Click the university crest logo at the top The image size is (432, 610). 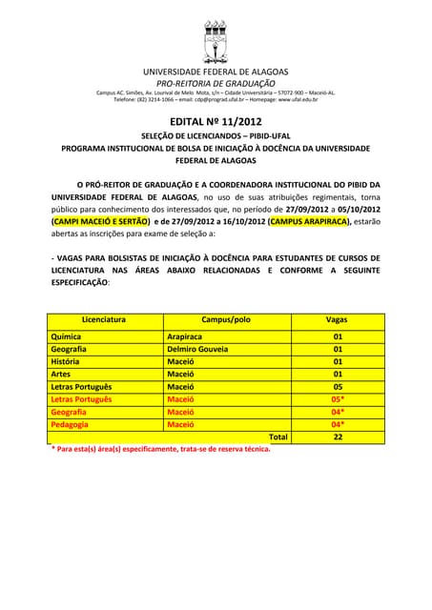click(216, 38)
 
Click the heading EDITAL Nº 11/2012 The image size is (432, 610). click(216, 122)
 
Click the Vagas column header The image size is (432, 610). click(337, 320)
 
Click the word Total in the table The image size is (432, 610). click(278, 437)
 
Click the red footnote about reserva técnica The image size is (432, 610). click(160, 449)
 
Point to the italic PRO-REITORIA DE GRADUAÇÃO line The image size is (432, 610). click(216, 83)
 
